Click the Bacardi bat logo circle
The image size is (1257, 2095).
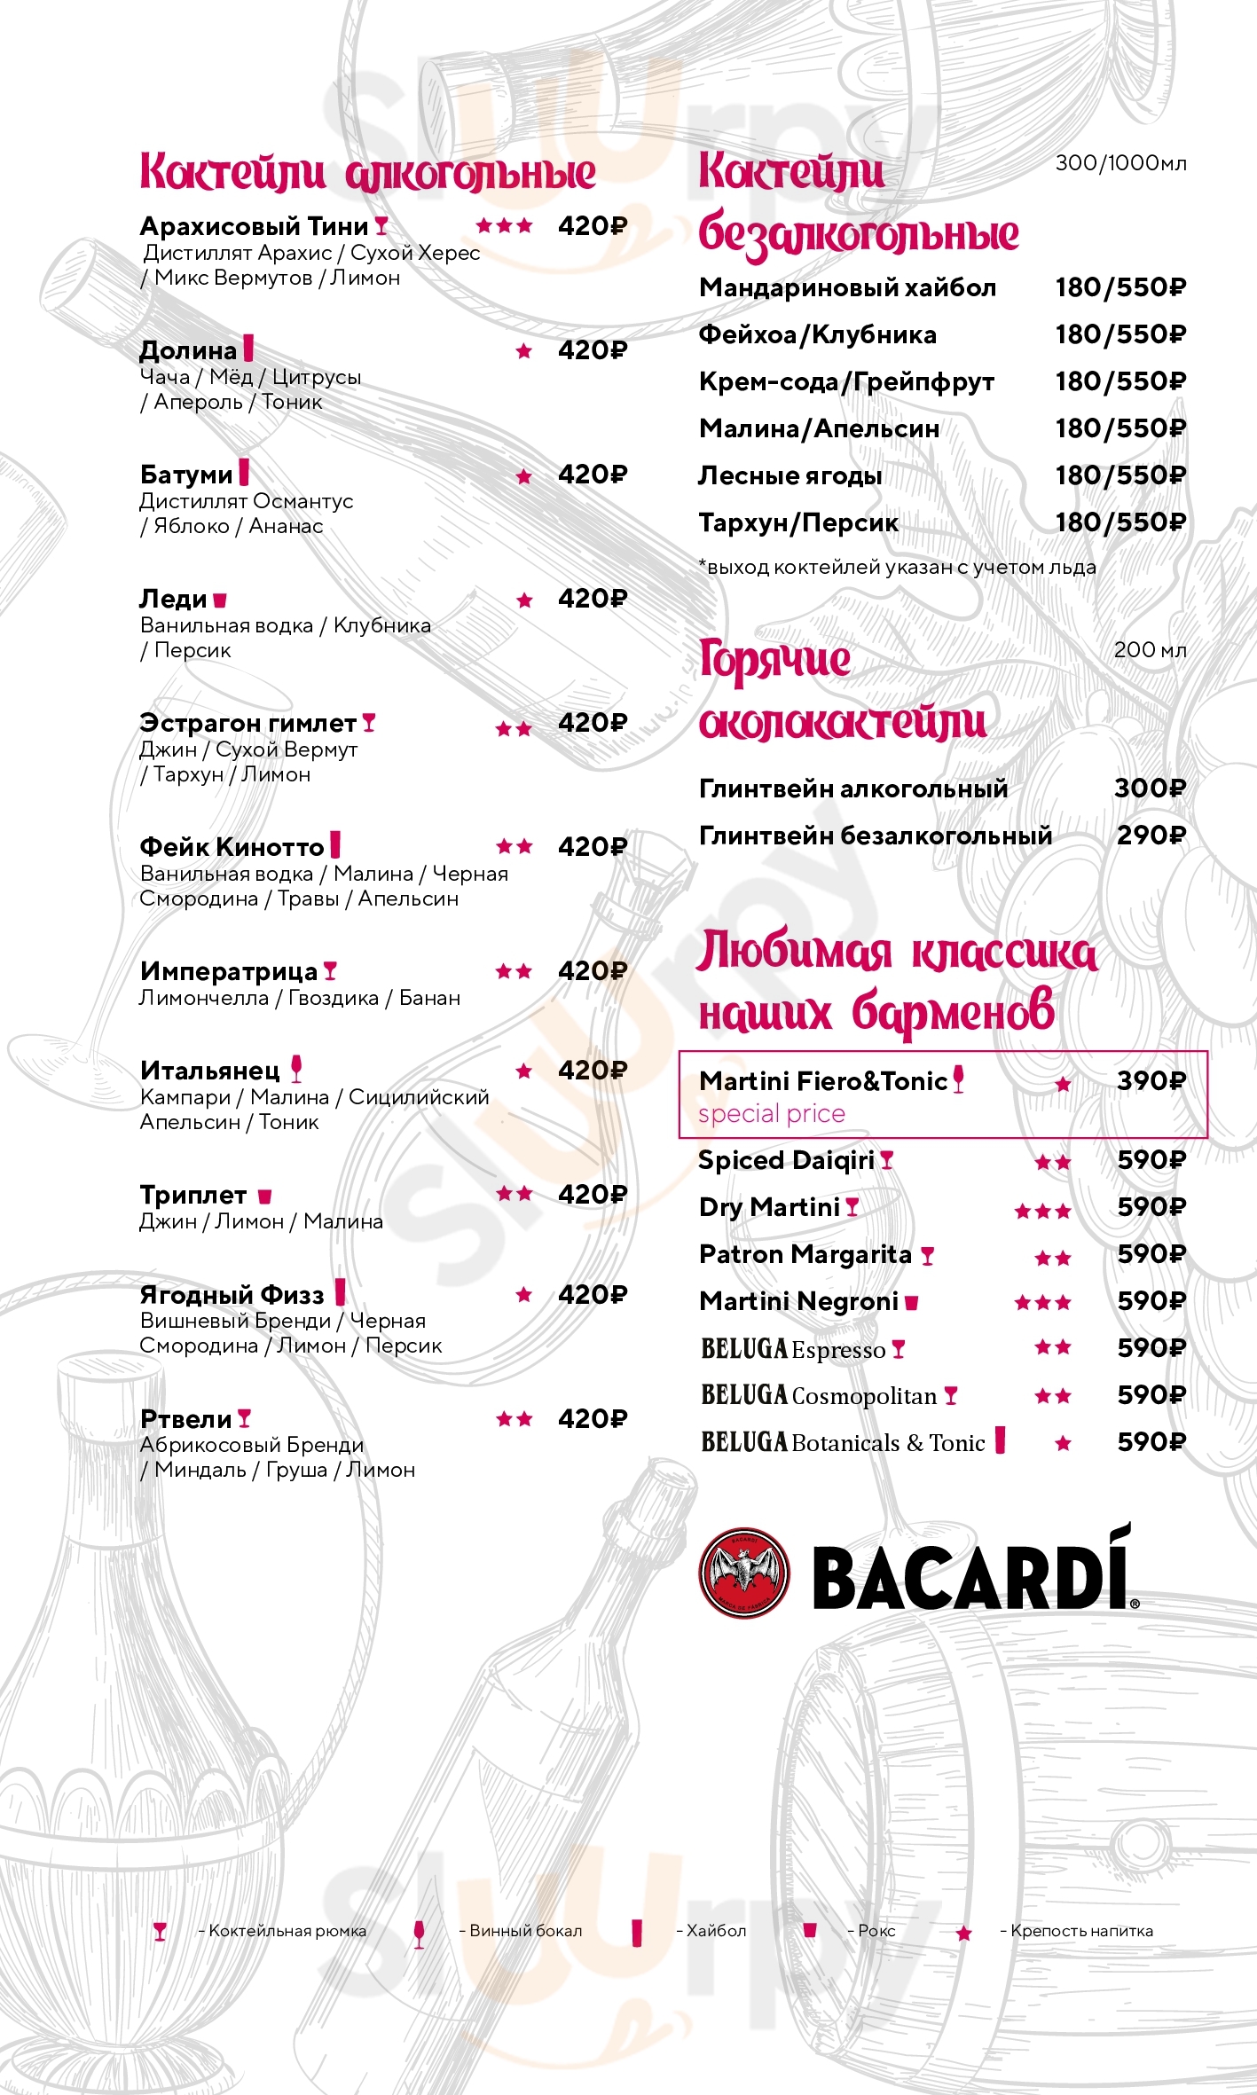(x=743, y=1573)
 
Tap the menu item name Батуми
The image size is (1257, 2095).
(x=185, y=475)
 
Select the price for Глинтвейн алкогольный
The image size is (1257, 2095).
(x=1150, y=788)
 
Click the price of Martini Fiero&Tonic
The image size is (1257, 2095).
(x=1151, y=1080)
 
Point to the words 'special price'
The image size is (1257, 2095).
(x=771, y=1114)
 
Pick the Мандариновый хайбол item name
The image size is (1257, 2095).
(x=847, y=287)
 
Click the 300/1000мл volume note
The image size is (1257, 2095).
(x=1120, y=163)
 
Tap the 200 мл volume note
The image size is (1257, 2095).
(x=1150, y=649)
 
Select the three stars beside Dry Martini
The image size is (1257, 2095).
(x=1043, y=1211)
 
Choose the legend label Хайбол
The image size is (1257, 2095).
(x=716, y=1931)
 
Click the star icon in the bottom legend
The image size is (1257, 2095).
(x=963, y=1933)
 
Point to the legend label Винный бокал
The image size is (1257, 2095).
(x=525, y=1931)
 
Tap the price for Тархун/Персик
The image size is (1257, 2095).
(x=1120, y=522)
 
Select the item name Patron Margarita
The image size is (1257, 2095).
(x=805, y=1254)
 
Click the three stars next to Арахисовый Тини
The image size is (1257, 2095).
(x=505, y=226)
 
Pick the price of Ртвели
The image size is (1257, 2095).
(x=592, y=1419)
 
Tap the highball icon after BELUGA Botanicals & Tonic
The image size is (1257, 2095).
(x=1000, y=1440)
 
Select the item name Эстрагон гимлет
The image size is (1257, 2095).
(x=247, y=723)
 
